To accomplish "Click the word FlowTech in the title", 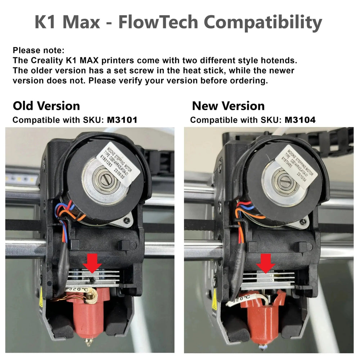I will pyautogui.click(x=158, y=23).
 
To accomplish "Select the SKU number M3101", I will pyautogui.click(x=122, y=120).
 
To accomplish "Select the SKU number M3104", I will pyautogui.click(x=300, y=120).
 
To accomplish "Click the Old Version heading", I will pyautogui.click(x=46, y=106).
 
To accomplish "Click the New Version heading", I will pyautogui.click(x=228, y=106).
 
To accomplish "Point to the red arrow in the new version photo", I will pyautogui.click(x=266, y=262).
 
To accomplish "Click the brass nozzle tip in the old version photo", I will pyautogui.click(x=88, y=343).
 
